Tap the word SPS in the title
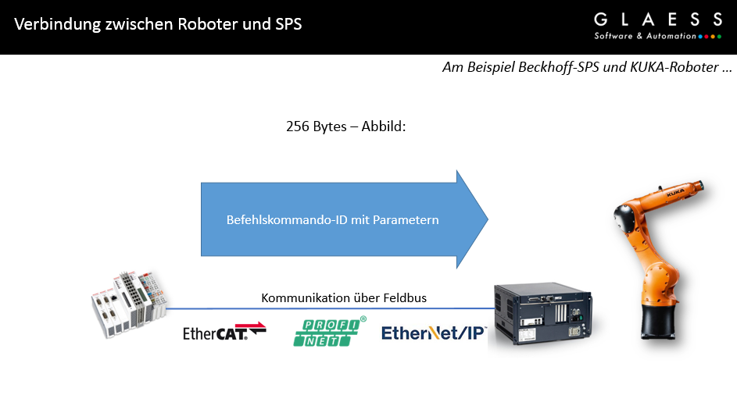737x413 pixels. click(288, 24)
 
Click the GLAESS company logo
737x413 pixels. click(658, 27)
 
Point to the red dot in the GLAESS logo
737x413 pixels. click(707, 37)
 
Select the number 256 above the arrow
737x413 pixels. click(298, 126)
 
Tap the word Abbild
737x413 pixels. click(383, 126)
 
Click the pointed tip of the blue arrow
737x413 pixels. click(488, 219)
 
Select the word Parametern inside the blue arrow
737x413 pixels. click(406, 219)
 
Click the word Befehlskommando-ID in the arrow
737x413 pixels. click(287, 219)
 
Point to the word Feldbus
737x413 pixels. click(405, 297)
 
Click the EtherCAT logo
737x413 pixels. click(224, 331)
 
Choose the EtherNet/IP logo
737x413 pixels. click(433, 333)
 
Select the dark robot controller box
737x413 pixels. click(543, 314)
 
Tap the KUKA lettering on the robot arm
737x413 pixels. click(675, 192)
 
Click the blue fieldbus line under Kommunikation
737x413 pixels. click(330, 309)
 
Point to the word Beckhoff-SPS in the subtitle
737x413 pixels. click(559, 67)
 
